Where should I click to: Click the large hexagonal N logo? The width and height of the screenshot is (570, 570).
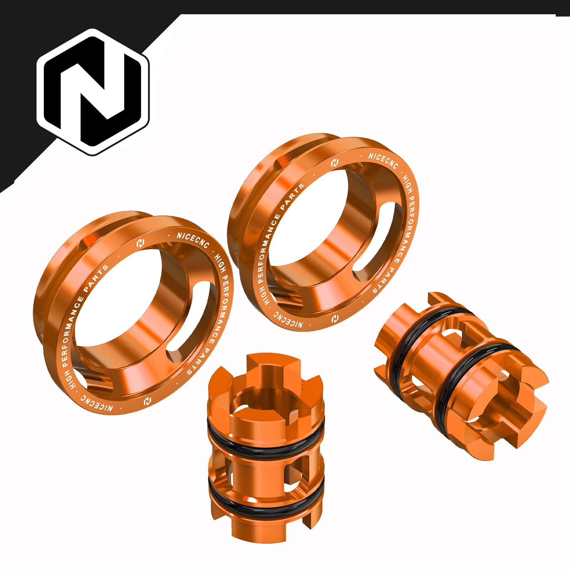click(x=93, y=92)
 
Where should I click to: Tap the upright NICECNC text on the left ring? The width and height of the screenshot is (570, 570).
click(x=193, y=240)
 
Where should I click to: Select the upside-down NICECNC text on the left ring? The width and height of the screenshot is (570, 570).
click(x=97, y=403)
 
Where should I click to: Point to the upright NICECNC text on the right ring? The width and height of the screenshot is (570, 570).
click(x=383, y=161)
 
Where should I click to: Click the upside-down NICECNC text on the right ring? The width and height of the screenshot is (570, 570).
click(x=288, y=320)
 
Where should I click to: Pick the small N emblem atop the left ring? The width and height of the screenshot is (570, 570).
click(x=140, y=243)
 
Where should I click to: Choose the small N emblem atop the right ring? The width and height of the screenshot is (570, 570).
click(x=334, y=163)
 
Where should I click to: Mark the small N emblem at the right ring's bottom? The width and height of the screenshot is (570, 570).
click(x=335, y=318)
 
